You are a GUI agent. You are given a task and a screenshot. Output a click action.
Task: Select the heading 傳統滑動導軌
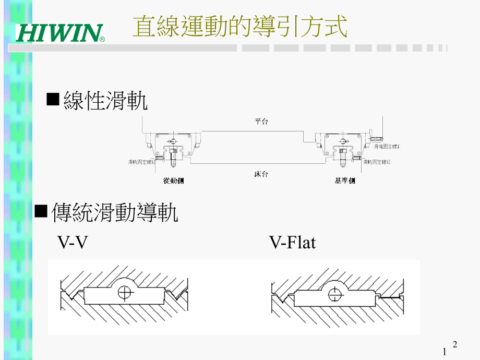click(115, 213)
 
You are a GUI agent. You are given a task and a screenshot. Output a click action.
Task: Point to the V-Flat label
click(292, 243)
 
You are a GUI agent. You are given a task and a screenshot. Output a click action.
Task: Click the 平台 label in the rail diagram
click(261, 121)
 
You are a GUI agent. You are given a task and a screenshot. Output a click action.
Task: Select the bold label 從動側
click(173, 181)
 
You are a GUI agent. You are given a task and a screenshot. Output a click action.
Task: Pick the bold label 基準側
click(344, 181)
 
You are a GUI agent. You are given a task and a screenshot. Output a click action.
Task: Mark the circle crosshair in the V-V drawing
click(124, 293)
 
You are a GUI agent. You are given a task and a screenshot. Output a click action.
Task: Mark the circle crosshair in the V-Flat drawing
click(334, 294)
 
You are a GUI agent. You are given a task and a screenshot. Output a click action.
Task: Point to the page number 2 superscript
click(455, 344)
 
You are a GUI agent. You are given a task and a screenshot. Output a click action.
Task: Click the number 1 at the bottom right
click(445, 351)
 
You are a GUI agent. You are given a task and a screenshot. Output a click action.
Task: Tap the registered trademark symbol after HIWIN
click(102, 39)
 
